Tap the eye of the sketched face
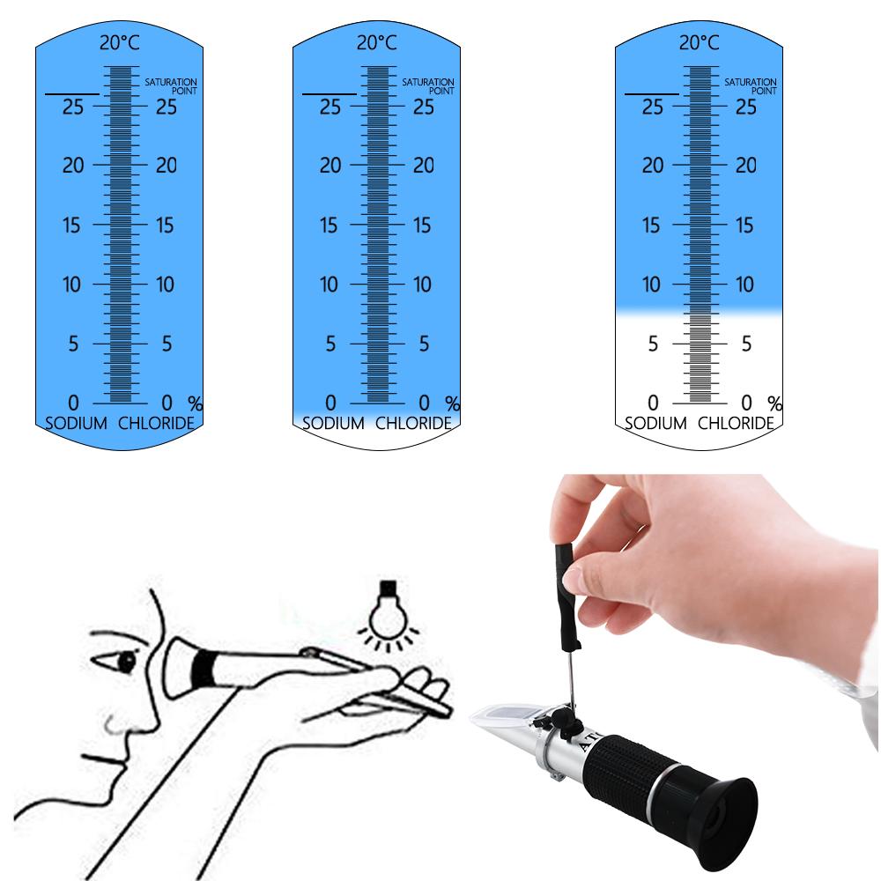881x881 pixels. click(126, 660)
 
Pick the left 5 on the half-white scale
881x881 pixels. click(653, 344)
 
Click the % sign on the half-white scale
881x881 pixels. click(775, 403)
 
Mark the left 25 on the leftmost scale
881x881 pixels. click(73, 107)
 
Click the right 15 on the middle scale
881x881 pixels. click(423, 226)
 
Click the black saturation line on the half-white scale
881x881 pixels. click(652, 93)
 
